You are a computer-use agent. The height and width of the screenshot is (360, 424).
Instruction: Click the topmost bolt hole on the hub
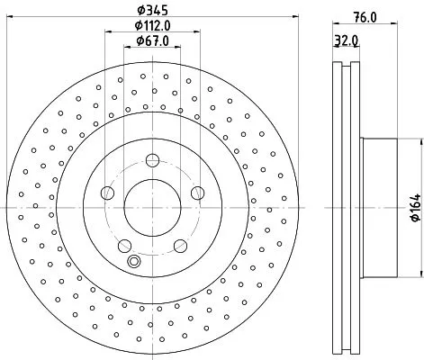[x=152, y=160]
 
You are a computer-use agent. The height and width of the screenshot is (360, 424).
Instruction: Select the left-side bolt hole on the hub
[x=107, y=192]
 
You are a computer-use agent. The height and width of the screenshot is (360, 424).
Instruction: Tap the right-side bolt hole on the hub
[x=196, y=192]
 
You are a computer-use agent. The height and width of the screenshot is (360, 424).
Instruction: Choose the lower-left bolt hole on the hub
[x=124, y=244]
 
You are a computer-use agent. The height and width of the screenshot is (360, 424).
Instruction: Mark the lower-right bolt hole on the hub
[x=180, y=244]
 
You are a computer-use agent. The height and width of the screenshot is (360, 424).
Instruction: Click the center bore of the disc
[x=152, y=207]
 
